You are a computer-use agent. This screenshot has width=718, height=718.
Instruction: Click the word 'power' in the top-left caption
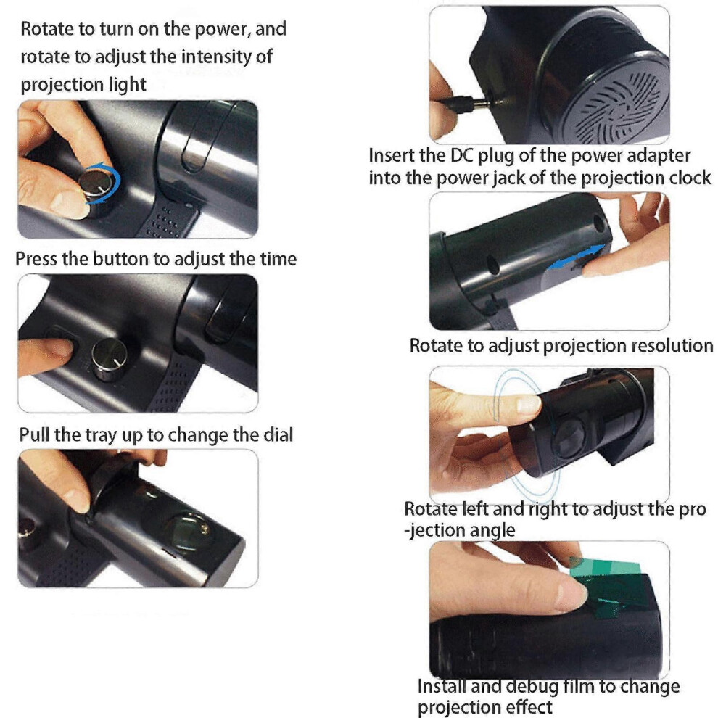coord(223,29)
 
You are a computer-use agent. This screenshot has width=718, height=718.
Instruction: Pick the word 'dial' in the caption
coord(278,434)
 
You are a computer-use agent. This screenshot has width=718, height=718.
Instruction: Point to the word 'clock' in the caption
coord(690,178)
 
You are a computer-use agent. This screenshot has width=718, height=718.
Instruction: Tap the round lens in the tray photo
coord(187,530)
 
